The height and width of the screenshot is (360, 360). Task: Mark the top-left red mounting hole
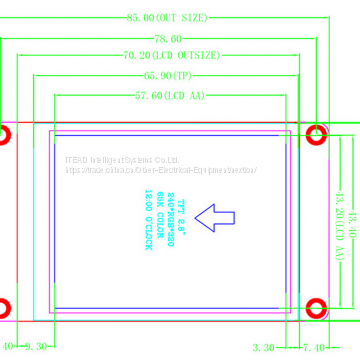pyautogui.click(x=3, y=135)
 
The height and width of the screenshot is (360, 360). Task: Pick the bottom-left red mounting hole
pyautogui.click(x=4, y=307)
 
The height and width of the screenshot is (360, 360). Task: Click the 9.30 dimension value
pyautogui.click(x=33, y=347)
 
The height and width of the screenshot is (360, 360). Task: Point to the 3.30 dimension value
pyautogui.click(x=264, y=347)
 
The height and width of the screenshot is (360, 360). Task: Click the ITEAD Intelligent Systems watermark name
pyautogui.click(x=120, y=158)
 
